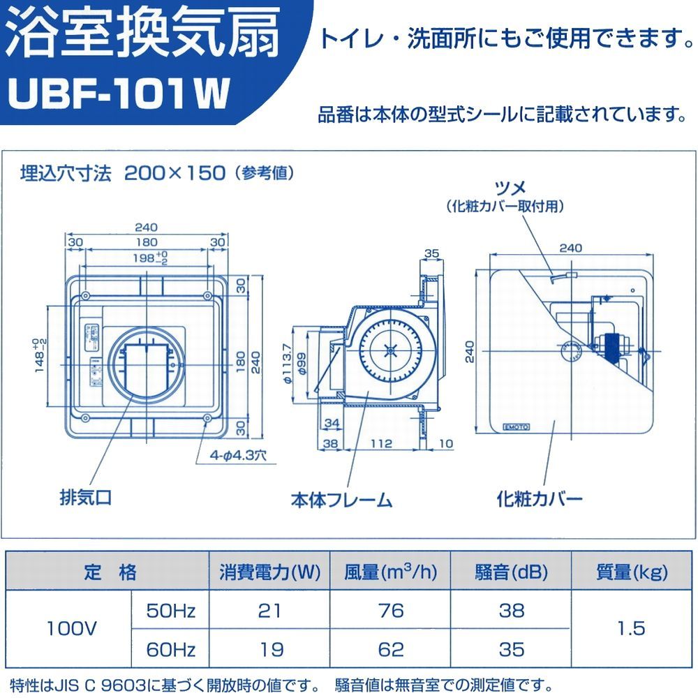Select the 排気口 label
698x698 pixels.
coord(85,498)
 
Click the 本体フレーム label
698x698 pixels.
coord(341,500)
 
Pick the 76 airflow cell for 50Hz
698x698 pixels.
coord(391,611)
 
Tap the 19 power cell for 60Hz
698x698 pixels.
coord(269,650)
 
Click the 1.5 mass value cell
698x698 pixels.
coord(632,630)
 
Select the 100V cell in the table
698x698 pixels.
coord(70,630)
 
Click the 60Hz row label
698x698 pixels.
coord(170,650)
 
